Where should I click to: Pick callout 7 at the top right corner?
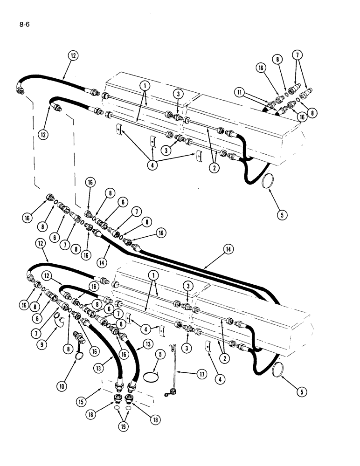click(297, 55)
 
